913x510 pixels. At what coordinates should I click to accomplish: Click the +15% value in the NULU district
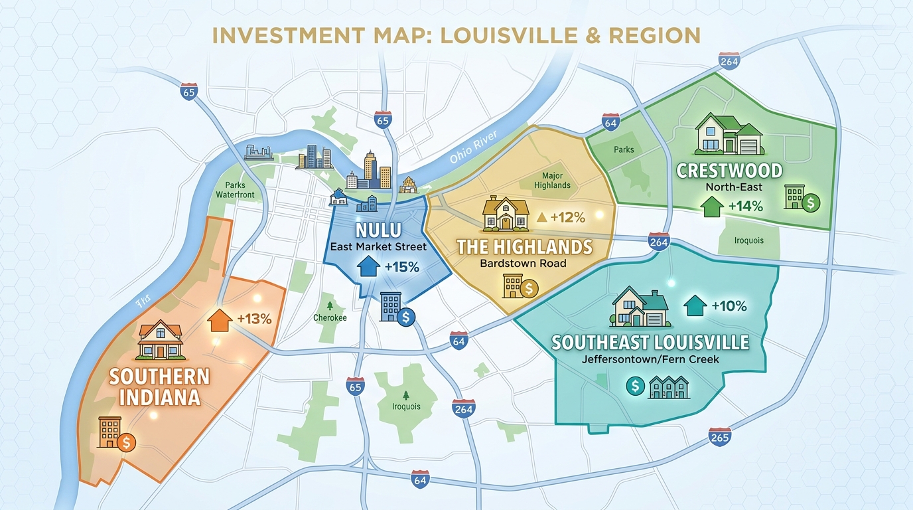coord(401,268)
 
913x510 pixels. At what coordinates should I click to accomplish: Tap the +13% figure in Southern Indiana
coord(254,319)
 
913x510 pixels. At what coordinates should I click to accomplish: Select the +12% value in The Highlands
coord(566,217)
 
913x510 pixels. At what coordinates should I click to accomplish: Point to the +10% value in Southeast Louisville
coord(729,306)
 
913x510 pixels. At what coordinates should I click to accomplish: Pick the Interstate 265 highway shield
coord(719,437)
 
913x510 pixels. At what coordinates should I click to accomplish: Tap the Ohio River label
coord(472,149)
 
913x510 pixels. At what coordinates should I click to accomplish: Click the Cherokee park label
coord(330,317)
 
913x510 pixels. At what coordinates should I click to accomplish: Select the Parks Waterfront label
coord(235,190)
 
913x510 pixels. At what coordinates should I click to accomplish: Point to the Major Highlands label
coord(551,181)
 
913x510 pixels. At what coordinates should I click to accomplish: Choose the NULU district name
coord(378,230)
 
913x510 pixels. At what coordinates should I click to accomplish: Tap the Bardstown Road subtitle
coord(524,263)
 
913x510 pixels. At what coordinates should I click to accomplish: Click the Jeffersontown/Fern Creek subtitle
coord(650,359)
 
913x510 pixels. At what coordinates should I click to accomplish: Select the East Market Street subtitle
coord(378,247)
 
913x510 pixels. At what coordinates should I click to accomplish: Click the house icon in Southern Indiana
coord(159,340)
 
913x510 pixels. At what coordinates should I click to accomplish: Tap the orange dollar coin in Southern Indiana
coord(125,442)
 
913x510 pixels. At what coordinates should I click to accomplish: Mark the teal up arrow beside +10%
coord(694,305)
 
